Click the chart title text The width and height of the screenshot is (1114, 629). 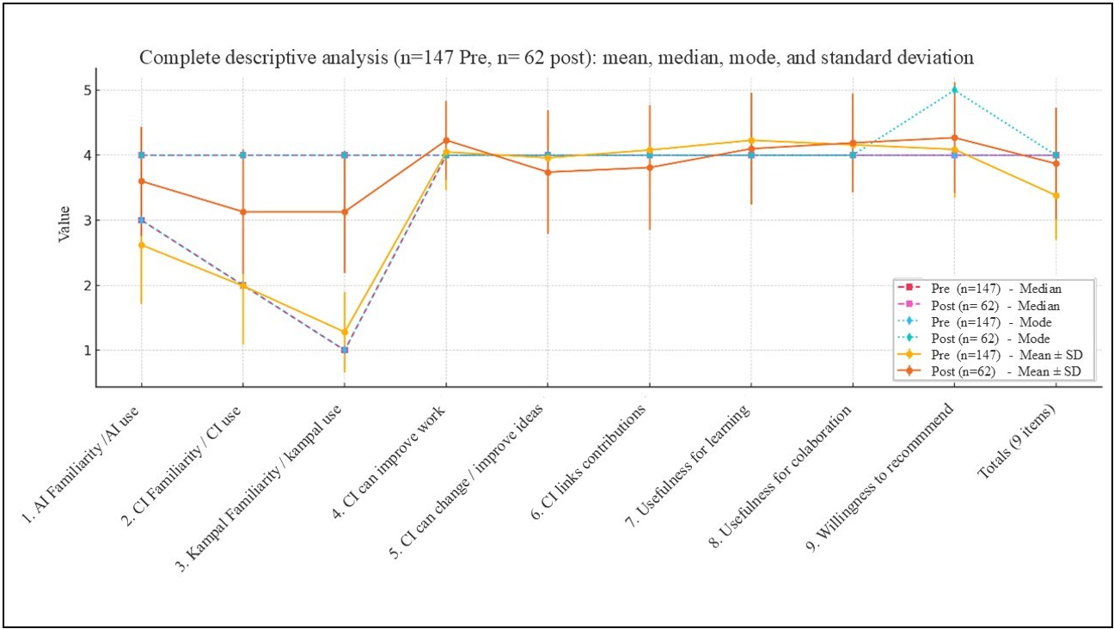click(556, 58)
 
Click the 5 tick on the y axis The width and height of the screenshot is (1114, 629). click(87, 90)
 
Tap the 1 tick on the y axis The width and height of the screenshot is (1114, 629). click(87, 351)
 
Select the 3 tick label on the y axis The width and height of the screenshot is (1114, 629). click(87, 220)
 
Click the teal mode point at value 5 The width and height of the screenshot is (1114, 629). click(953, 90)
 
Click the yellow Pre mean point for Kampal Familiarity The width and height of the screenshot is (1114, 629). click(345, 332)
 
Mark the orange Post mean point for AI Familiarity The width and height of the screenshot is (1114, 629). click(141, 181)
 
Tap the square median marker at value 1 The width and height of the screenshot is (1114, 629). click(345, 350)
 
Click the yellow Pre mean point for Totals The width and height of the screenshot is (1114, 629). click(1056, 196)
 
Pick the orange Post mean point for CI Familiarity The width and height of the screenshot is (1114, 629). click(243, 211)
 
